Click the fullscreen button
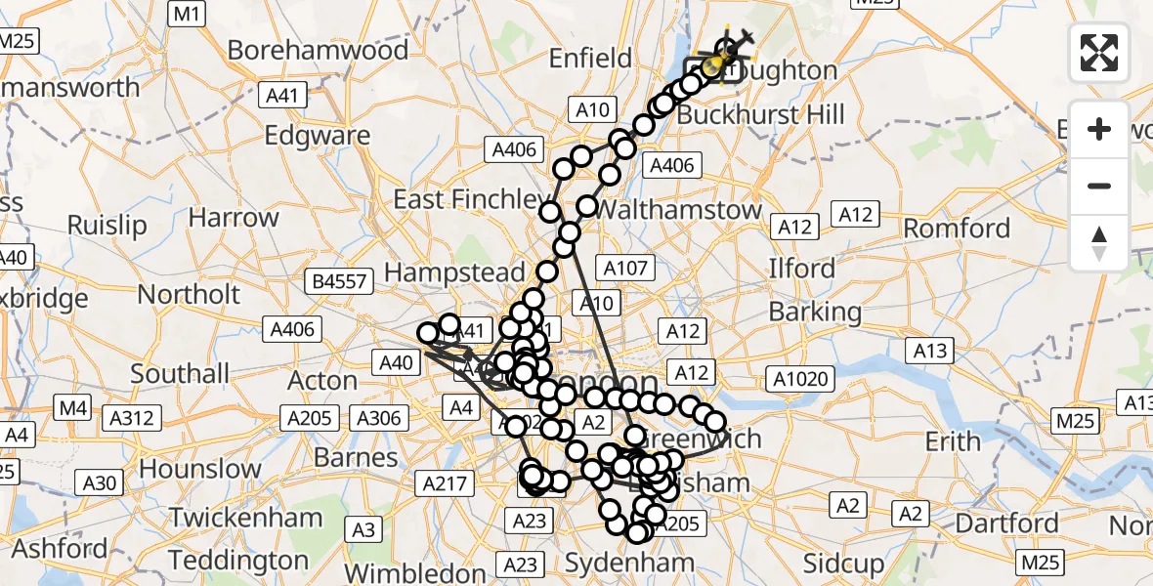1099,53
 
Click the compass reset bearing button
1099,243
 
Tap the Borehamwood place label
319,50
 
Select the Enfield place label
590,59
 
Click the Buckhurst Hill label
760,115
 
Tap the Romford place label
957,229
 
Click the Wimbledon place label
415,572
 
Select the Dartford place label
1006,523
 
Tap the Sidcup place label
843,563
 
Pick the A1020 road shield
800,379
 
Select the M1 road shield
187,13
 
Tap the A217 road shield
448,482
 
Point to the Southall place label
180,373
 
